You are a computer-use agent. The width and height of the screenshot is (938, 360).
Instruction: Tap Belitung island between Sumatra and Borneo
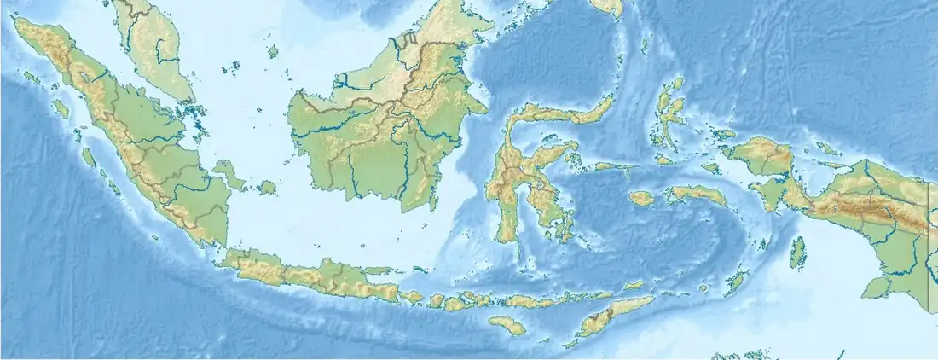(x=268, y=186)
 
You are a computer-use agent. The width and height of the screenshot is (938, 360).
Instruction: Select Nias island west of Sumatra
(x=61, y=109)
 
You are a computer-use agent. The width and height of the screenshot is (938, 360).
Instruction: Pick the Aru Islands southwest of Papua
(x=799, y=252)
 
